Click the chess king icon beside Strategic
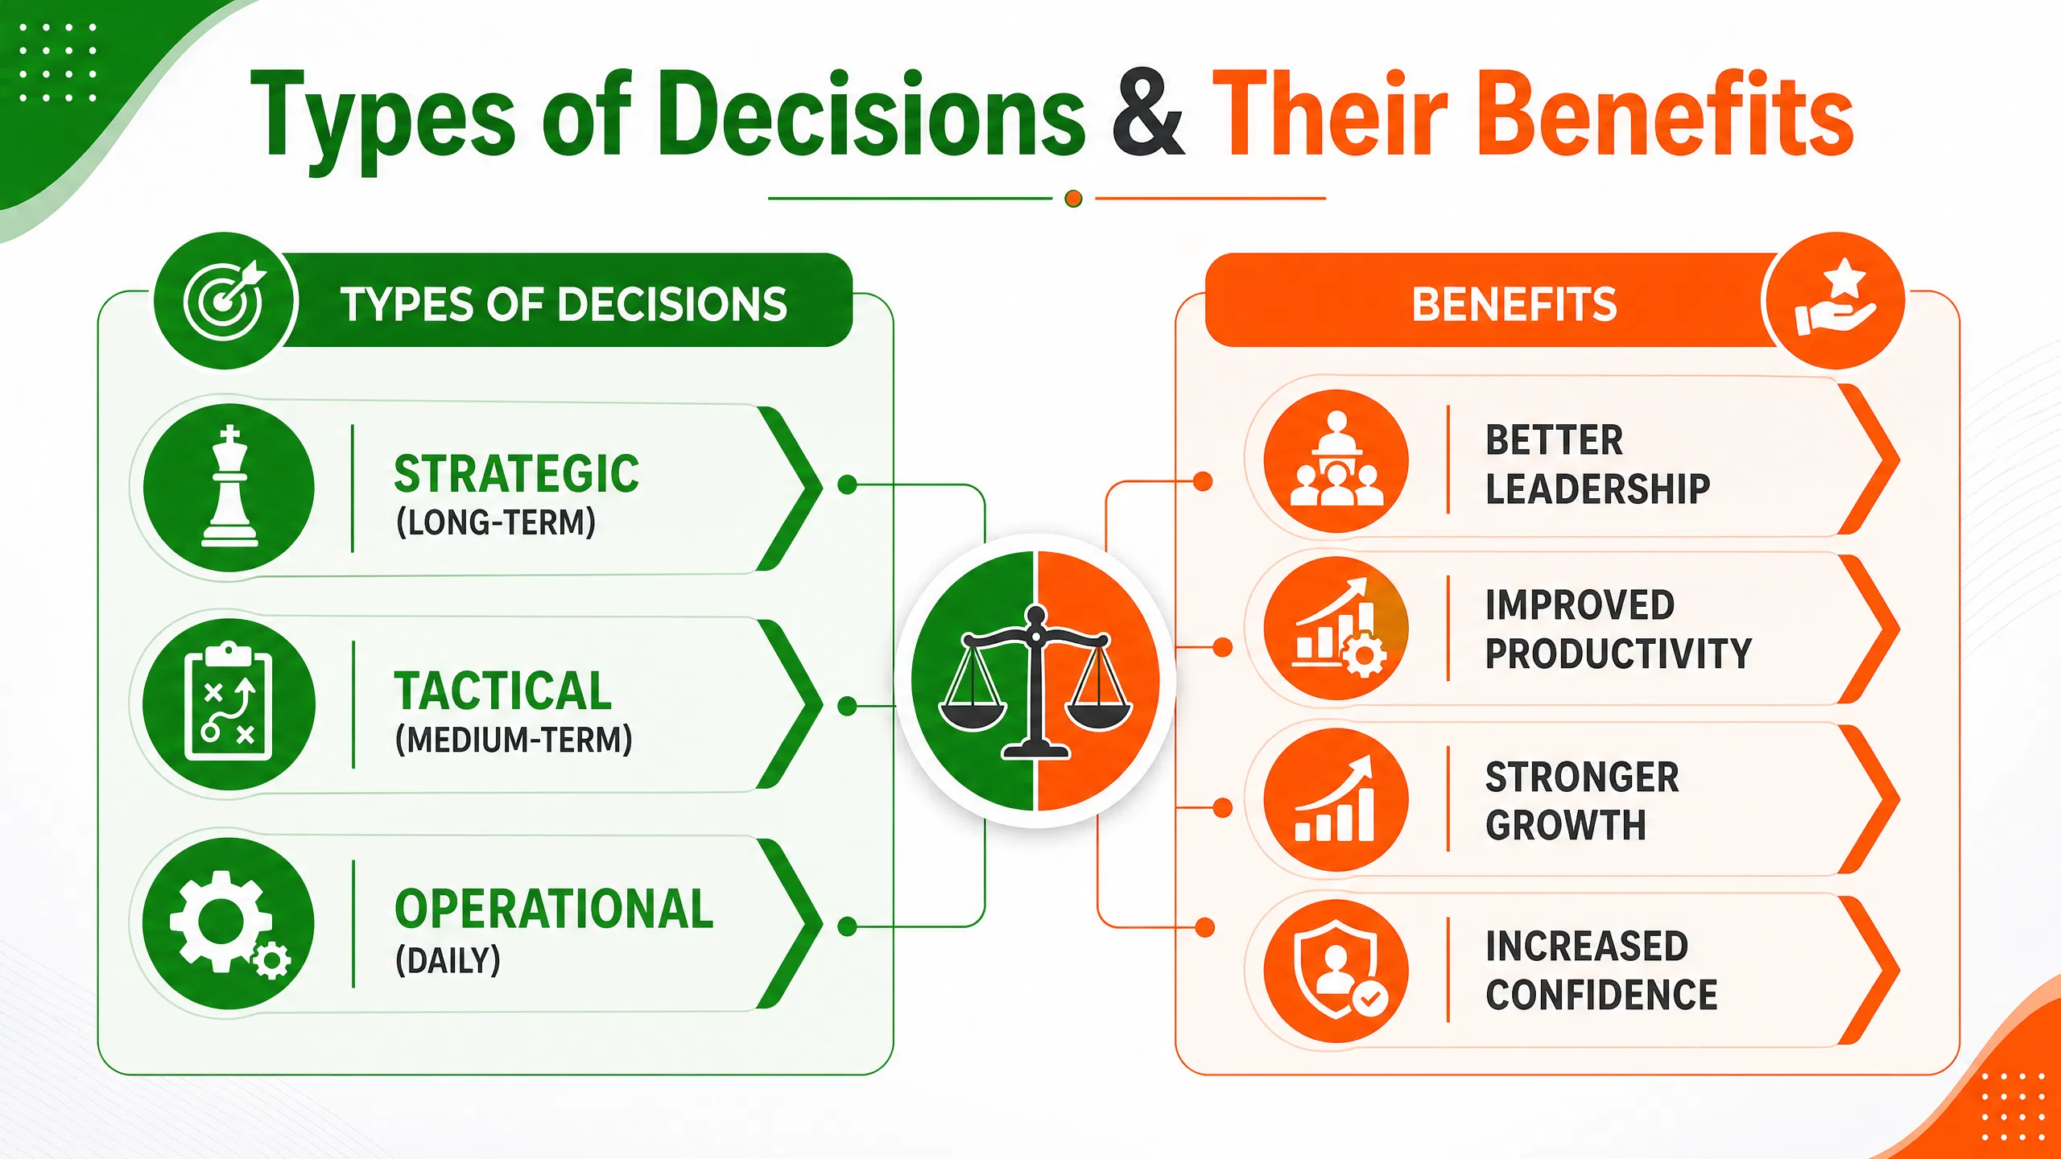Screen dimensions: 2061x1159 [230, 486]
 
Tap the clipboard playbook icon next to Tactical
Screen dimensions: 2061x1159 [229, 702]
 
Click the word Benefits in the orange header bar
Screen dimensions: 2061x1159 [1514, 304]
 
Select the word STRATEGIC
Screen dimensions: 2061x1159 [516, 473]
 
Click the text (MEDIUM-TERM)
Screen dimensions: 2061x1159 [514, 740]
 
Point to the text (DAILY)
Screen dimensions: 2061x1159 [448, 959]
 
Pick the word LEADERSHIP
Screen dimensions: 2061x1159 [1597, 489]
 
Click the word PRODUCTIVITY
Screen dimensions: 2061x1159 [1618, 654]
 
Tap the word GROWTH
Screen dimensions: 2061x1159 [1566, 825]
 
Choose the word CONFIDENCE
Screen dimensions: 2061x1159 [1601, 995]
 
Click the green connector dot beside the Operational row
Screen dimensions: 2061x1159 [847, 926]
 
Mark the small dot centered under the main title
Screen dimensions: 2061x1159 [1073, 198]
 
